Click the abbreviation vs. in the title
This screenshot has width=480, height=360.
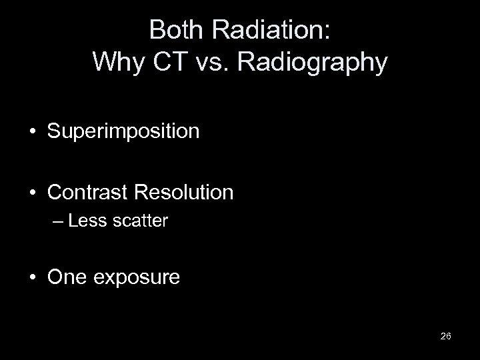point(207,62)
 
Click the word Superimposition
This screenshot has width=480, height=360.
point(123,131)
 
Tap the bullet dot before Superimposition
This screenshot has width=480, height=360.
point(33,131)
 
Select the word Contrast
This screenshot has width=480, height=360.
point(89,193)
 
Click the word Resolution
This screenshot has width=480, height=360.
point(185,193)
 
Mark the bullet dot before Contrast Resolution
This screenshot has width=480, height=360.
point(33,193)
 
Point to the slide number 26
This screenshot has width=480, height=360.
point(446,335)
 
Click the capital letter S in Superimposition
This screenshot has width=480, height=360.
point(54,131)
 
